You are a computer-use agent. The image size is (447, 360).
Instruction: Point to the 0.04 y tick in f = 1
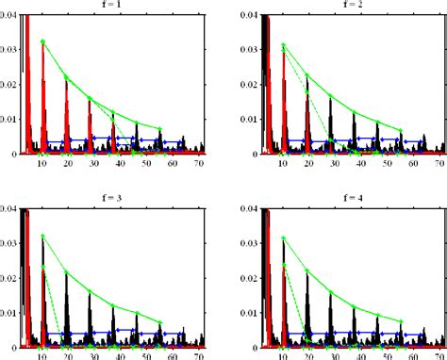pos(8,16)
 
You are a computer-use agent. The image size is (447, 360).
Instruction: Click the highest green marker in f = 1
pos(42,41)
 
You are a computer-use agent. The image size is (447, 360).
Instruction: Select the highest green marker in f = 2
pos(283,44)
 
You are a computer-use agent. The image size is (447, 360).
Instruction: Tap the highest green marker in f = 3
pos(42,236)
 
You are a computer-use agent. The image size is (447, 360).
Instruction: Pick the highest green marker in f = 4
pos(283,239)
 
